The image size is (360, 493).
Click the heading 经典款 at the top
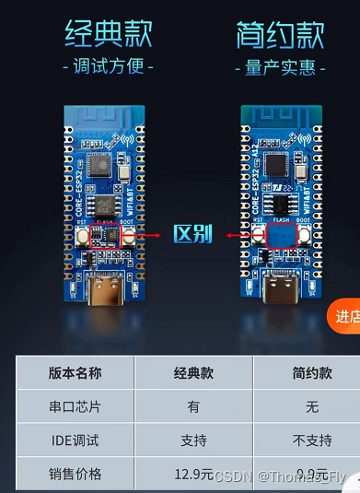click(109, 35)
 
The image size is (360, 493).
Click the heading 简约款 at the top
click(280, 35)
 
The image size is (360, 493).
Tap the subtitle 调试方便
click(109, 66)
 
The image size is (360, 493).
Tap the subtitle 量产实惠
click(281, 66)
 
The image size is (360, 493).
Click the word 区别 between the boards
click(193, 234)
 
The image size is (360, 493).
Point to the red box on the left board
click(108, 235)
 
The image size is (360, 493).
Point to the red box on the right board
click(281, 237)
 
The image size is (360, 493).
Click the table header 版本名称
click(75, 373)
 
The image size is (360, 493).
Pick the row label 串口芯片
click(75, 406)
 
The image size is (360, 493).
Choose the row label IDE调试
click(75, 440)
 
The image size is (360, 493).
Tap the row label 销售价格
click(75, 475)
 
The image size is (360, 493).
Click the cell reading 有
click(193, 406)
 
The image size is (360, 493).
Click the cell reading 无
click(308, 406)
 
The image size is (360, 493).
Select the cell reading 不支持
click(308, 440)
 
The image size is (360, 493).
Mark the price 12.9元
click(193, 475)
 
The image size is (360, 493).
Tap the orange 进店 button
click(345, 316)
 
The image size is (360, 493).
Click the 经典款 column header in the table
click(193, 373)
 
